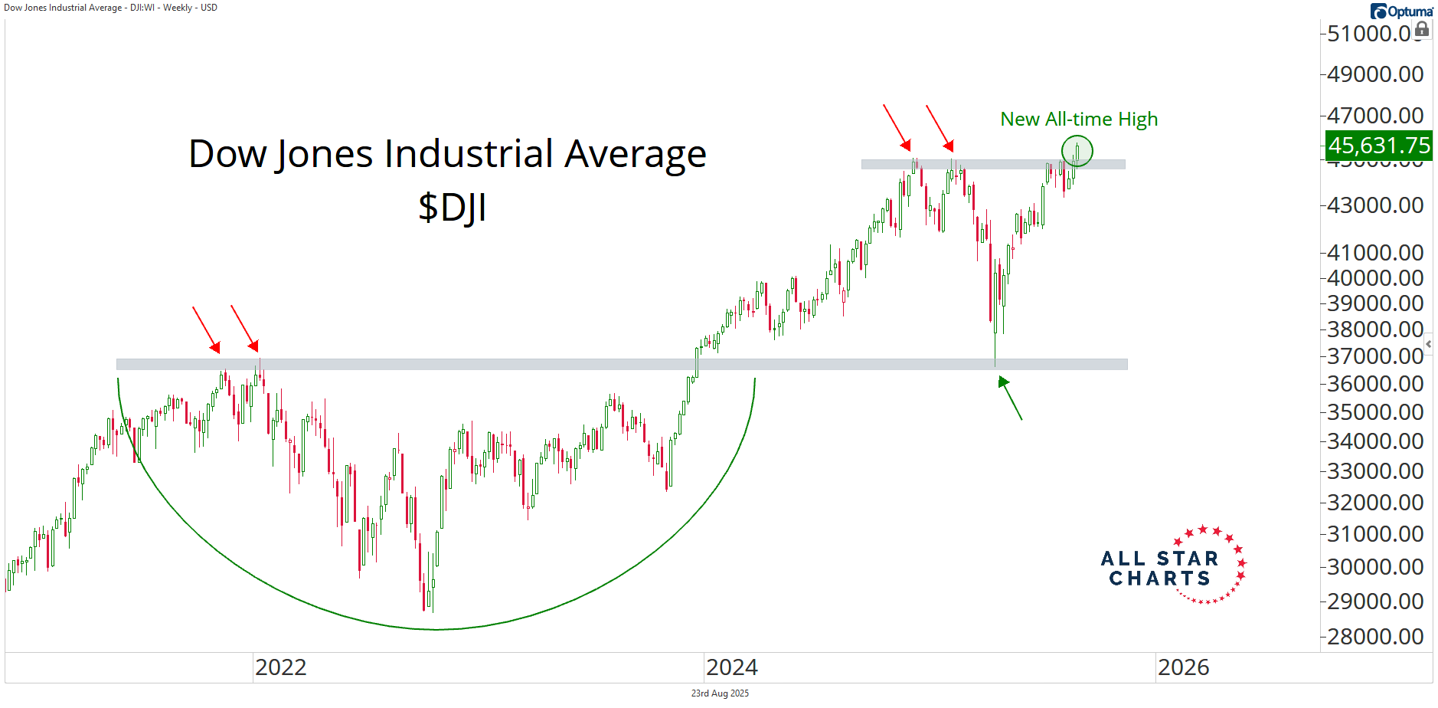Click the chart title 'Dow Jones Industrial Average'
(x=447, y=154)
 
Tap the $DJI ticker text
(x=452, y=208)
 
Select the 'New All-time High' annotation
(x=1078, y=120)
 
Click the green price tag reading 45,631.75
(x=1378, y=145)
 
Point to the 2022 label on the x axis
(x=280, y=667)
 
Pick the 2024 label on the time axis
(x=731, y=667)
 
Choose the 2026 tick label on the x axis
(x=1183, y=667)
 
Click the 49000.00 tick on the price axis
(x=1375, y=74)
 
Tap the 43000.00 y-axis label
(x=1375, y=205)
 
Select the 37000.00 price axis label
(x=1375, y=356)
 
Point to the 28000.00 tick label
(x=1375, y=637)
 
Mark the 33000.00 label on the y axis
(x=1375, y=471)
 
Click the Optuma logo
(x=1401, y=11)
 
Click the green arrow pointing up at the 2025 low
(x=1010, y=398)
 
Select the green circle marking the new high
(x=1077, y=151)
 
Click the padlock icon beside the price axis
(x=1422, y=29)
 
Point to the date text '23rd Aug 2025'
(x=720, y=693)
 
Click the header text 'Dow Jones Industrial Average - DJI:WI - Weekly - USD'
(x=111, y=8)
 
